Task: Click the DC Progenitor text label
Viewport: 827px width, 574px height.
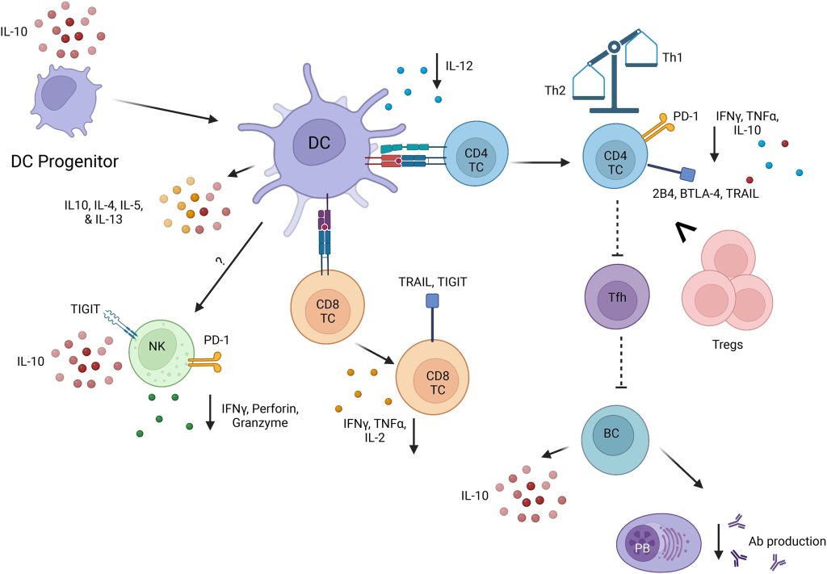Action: tap(65, 161)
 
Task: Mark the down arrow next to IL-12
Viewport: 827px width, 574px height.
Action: tap(437, 70)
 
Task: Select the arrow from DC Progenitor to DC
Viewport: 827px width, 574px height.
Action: tap(165, 111)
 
